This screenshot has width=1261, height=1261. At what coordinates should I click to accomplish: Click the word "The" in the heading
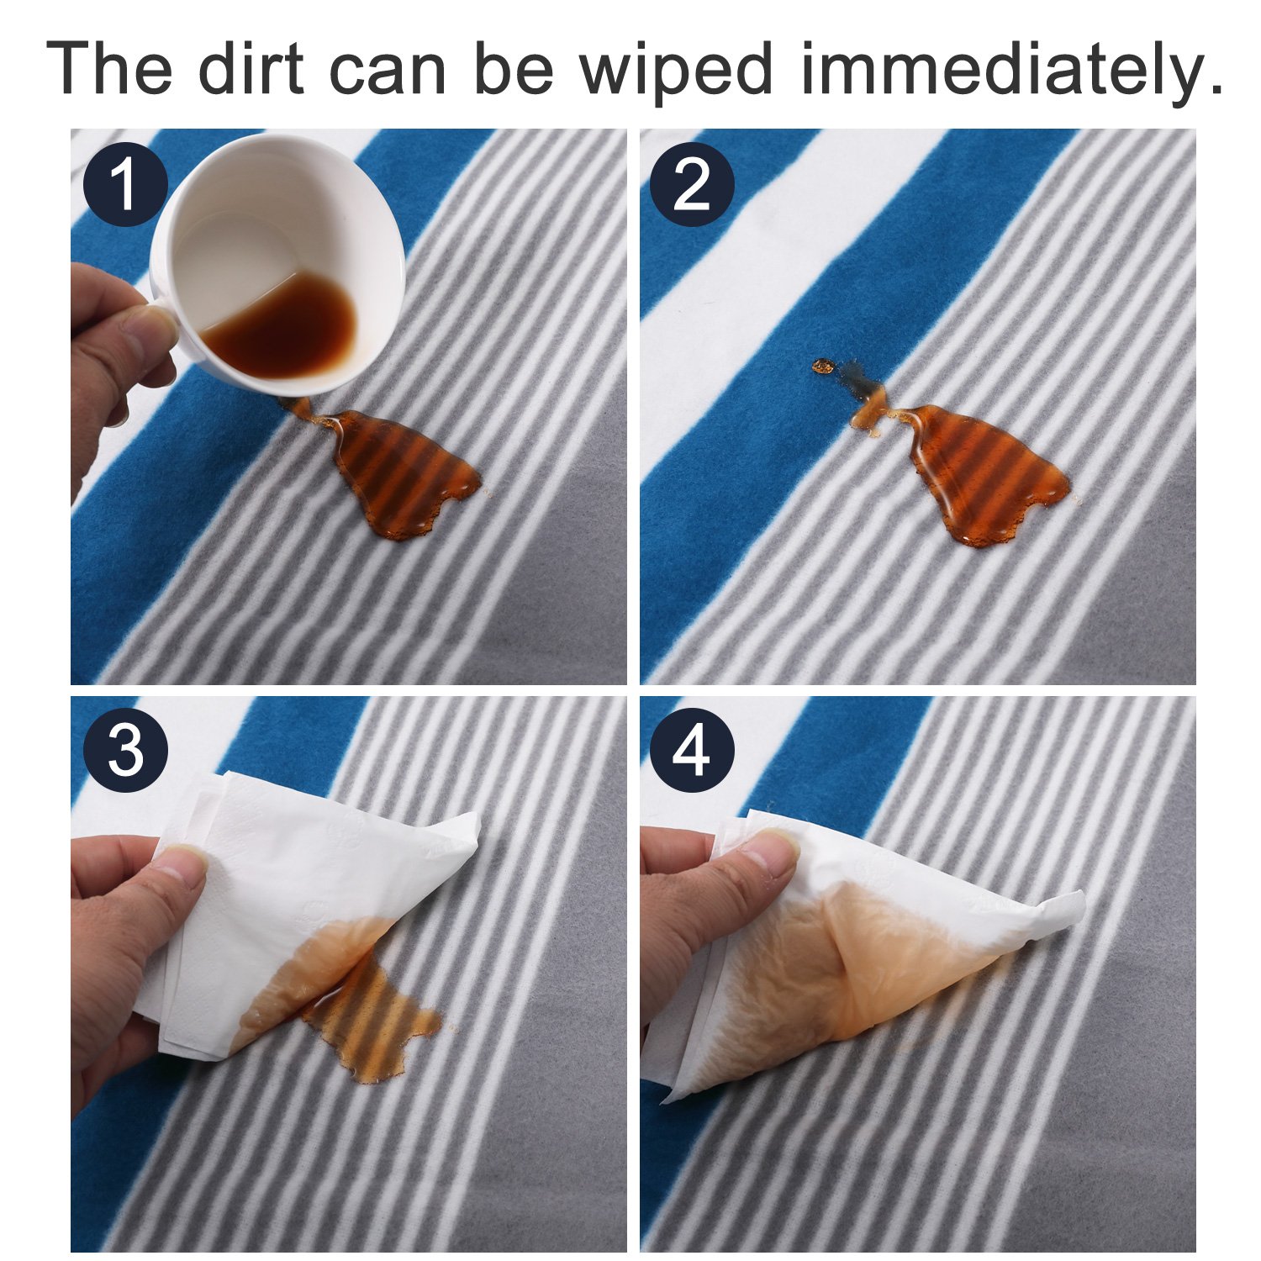coord(109,68)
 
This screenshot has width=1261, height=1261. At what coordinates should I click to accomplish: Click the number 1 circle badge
coord(124,185)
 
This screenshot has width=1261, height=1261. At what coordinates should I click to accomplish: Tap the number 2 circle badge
coord(692,185)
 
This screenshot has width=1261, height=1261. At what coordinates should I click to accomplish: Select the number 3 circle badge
coord(125,750)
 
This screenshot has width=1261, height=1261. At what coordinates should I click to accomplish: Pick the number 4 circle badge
coord(692,750)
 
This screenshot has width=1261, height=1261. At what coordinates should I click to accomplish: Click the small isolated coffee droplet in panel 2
coord(823,367)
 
